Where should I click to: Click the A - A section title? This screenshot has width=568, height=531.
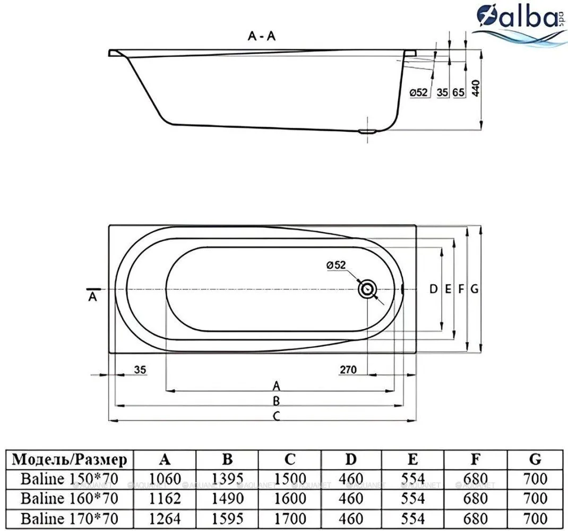tap(262, 36)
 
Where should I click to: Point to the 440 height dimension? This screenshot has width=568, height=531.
tap(476, 89)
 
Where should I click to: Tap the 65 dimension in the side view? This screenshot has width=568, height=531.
tap(458, 92)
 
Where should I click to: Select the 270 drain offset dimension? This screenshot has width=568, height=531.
tap(348, 370)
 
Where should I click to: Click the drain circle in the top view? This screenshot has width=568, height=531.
tap(368, 289)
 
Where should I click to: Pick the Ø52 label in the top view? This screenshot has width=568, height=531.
tap(336, 265)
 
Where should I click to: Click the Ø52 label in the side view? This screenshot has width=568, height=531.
tap(418, 92)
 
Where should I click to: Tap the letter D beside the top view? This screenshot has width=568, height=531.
tap(433, 289)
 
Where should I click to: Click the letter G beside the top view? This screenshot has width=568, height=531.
tap(475, 289)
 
